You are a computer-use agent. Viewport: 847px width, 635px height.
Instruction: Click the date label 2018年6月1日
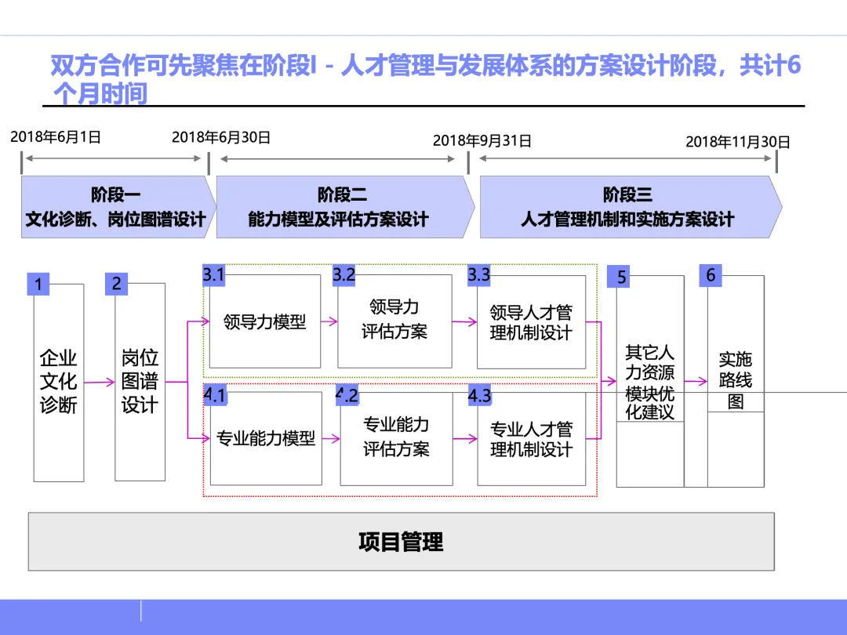pyautogui.click(x=56, y=137)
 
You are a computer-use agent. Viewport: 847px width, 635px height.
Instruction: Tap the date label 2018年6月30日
pyautogui.click(x=221, y=137)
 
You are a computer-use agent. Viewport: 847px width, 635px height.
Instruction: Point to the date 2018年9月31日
pyautogui.click(x=482, y=141)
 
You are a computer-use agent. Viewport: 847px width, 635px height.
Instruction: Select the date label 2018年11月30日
pyautogui.click(x=738, y=142)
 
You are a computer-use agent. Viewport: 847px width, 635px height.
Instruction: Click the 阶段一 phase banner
pyautogui.click(x=116, y=207)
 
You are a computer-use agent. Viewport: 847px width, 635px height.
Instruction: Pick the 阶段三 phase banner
pyautogui.click(x=627, y=207)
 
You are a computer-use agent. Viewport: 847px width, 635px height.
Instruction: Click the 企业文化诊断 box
pyautogui.click(x=59, y=382)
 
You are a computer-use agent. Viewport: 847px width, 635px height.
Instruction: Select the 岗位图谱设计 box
pyautogui.click(x=140, y=382)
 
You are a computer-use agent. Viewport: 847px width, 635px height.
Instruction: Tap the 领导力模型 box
pyautogui.click(x=265, y=321)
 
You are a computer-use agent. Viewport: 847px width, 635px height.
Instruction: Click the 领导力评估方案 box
pyautogui.click(x=394, y=320)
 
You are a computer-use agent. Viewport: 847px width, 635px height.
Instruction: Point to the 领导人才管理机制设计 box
pyautogui.click(x=531, y=322)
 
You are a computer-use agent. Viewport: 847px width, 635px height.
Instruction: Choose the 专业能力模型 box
pyautogui.click(x=266, y=438)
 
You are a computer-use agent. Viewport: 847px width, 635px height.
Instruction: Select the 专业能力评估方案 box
pyautogui.click(x=396, y=437)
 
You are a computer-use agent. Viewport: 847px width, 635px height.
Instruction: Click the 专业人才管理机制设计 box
pyautogui.click(x=531, y=439)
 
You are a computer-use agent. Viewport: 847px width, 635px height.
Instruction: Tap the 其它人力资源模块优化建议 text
pyautogui.click(x=649, y=382)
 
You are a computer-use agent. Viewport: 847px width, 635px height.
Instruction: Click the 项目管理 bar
pyautogui.click(x=401, y=542)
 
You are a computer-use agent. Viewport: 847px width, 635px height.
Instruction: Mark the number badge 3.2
pyautogui.click(x=344, y=275)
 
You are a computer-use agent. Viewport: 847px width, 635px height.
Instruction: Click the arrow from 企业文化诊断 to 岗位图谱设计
pyautogui.click(x=100, y=383)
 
